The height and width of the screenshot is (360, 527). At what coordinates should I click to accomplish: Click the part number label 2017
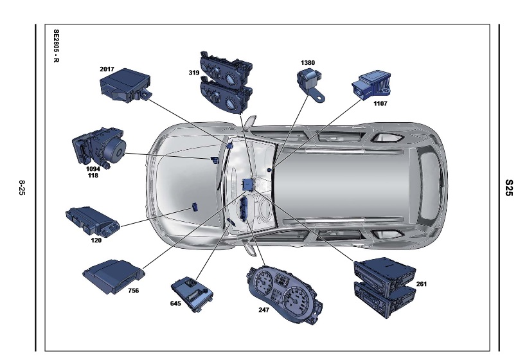tap(107, 69)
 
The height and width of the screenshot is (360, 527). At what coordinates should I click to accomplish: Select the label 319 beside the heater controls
tap(194, 73)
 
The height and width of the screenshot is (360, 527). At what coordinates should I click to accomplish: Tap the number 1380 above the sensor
tap(308, 63)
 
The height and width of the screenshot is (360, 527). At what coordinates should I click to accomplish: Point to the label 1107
tap(380, 104)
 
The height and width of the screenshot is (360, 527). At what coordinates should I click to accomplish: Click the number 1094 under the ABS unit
tap(93, 169)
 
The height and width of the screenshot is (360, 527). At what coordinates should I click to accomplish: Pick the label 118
tap(93, 175)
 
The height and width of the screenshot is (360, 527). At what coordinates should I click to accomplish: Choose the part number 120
tap(96, 240)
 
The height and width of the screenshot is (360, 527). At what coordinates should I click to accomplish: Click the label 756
tap(134, 291)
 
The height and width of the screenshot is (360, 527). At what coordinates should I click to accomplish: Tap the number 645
tap(175, 303)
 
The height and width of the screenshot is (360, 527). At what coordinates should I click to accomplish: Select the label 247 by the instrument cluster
tap(264, 310)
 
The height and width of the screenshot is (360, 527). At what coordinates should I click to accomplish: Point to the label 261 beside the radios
tap(422, 284)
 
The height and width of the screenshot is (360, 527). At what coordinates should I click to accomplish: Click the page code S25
tap(509, 188)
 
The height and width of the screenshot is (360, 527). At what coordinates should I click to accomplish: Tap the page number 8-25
tap(22, 188)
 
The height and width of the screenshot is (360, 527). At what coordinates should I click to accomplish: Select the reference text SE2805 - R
tap(56, 46)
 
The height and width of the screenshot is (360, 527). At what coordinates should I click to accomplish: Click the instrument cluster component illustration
tap(284, 296)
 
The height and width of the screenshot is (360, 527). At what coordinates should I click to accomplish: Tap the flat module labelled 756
tap(113, 276)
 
